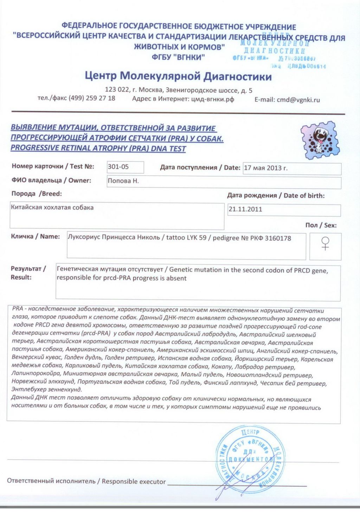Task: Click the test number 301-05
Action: [118, 167]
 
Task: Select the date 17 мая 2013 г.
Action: [266, 168]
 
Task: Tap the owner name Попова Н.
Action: [123, 181]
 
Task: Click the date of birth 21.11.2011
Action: [245, 209]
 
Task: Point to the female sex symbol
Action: [326, 243]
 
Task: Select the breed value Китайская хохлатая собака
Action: [52, 208]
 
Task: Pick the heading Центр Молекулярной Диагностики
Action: [178, 76]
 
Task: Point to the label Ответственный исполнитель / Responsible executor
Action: [86, 481]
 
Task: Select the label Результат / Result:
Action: [28, 273]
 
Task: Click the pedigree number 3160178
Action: [278, 238]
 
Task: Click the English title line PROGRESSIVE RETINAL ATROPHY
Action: [98, 148]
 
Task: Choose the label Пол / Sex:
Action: [321, 225]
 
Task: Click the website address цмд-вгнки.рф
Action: [212, 99]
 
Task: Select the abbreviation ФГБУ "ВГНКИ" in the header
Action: [178, 57]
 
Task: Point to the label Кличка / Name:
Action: [36, 236]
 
